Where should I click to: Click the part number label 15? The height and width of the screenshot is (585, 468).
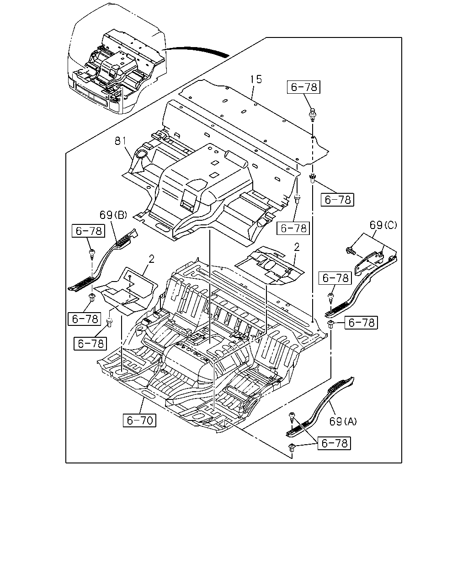(256, 80)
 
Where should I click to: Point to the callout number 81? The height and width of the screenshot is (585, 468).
(121, 141)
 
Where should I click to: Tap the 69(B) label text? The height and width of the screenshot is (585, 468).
(113, 215)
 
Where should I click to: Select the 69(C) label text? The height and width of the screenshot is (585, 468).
(383, 225)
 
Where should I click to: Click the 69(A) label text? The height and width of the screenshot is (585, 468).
(343, 421)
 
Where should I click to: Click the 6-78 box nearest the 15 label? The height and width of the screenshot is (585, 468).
(304, 87)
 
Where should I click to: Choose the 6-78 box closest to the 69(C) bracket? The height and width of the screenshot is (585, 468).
(335, 278)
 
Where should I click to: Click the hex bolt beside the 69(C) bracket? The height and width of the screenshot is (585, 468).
(351, 250)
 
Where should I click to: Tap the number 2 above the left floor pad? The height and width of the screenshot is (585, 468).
(151, 259)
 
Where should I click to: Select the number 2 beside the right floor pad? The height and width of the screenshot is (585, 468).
(297, 247)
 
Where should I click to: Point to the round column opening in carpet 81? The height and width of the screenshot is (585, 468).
(141, 154)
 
